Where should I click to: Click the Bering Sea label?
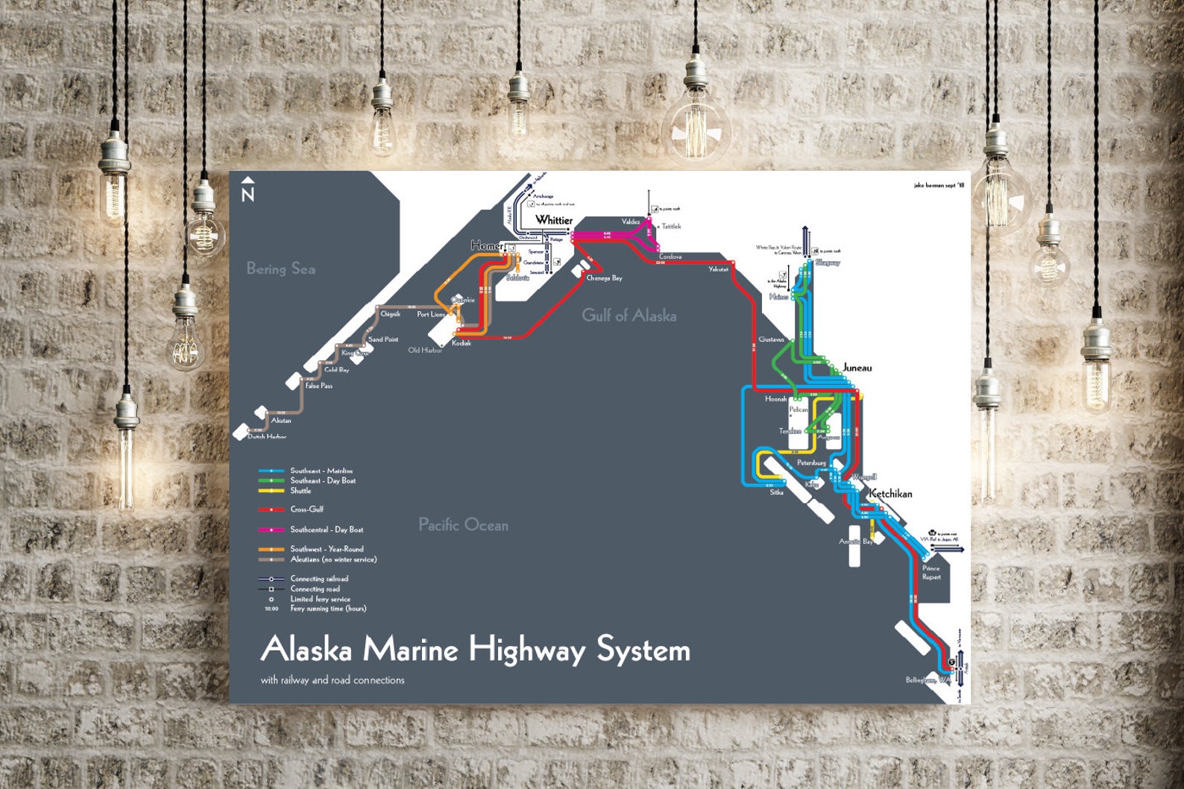point(280,268)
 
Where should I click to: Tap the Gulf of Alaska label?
point(629,315)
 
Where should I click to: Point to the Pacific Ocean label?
point(463,525)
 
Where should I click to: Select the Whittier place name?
point(554,220)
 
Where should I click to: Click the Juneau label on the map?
point(857,368)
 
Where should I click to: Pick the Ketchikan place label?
point(890,494)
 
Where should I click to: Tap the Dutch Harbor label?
point(266,436)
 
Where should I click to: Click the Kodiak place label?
point(462,343)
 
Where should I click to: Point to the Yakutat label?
point(718,269)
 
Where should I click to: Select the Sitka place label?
point(776,492)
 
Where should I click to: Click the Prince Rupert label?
point(931,573)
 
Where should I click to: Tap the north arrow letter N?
point(248,195)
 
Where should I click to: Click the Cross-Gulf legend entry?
point(306,509)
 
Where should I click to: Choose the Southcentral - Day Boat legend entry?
point(327,529)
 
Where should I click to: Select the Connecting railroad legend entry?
point(318,579)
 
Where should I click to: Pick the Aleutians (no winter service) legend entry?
point(333,559)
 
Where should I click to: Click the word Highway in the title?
point(528,650)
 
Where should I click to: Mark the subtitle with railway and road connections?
point(333,680)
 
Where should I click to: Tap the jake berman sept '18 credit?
point(939,185)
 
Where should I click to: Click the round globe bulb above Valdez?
point(696,131)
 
